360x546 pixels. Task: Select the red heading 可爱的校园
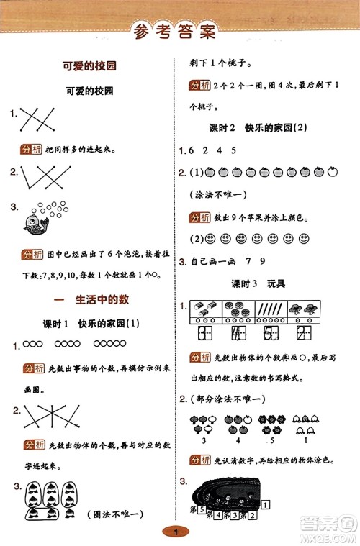(91, 66)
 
